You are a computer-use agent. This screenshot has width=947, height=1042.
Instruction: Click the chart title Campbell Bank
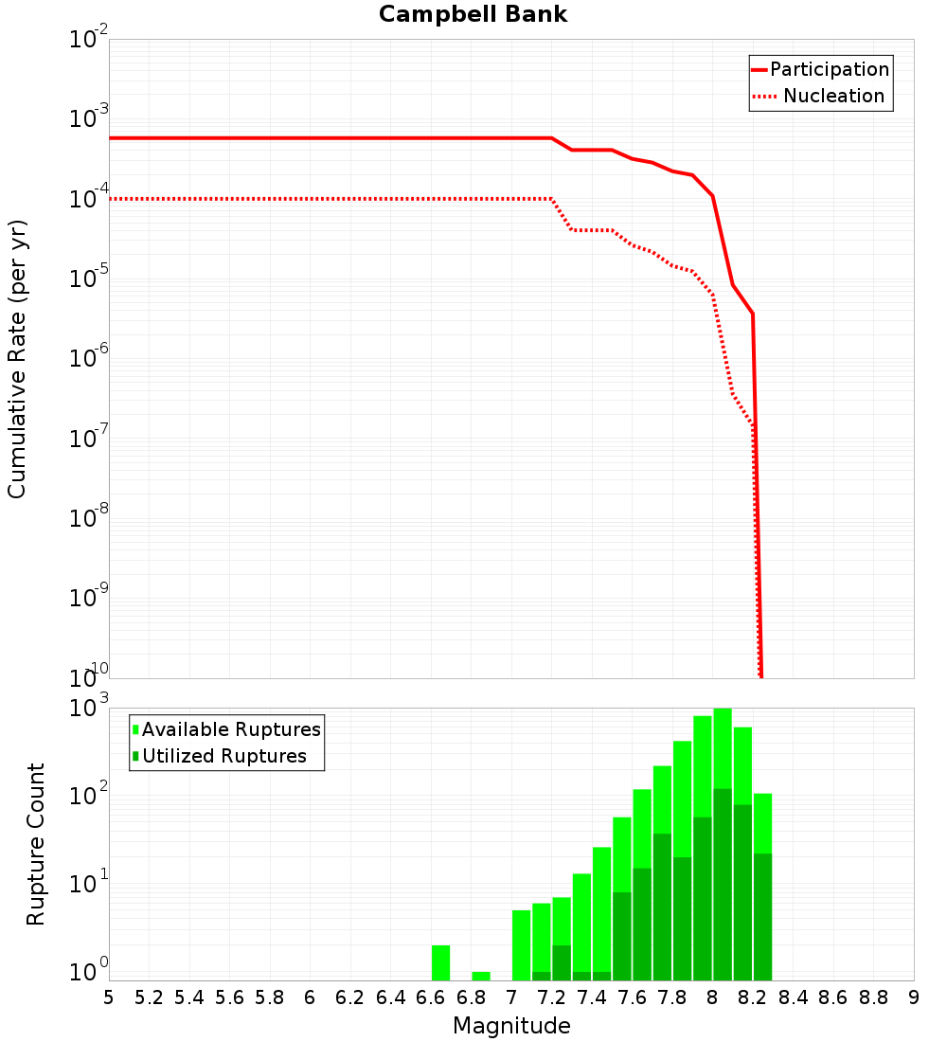coord(473,14)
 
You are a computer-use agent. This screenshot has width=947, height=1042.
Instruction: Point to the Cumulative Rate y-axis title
coord(17,359)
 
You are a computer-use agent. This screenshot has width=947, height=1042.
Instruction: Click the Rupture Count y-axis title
coord(36,844)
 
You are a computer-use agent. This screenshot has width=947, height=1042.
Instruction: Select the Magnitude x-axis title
coord(511,1026)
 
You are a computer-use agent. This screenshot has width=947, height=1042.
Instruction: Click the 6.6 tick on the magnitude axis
coord(431,997)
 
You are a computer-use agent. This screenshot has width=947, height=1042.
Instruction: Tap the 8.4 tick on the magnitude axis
coord(794,997)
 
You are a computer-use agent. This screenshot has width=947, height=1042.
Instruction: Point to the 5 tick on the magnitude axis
coord(109,997)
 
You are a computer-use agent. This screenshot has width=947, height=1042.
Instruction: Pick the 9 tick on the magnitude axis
coord(914,997)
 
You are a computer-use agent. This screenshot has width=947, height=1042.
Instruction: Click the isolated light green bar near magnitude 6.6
coord(440,962)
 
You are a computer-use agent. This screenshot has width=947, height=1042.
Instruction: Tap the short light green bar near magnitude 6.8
coord(481,976)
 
